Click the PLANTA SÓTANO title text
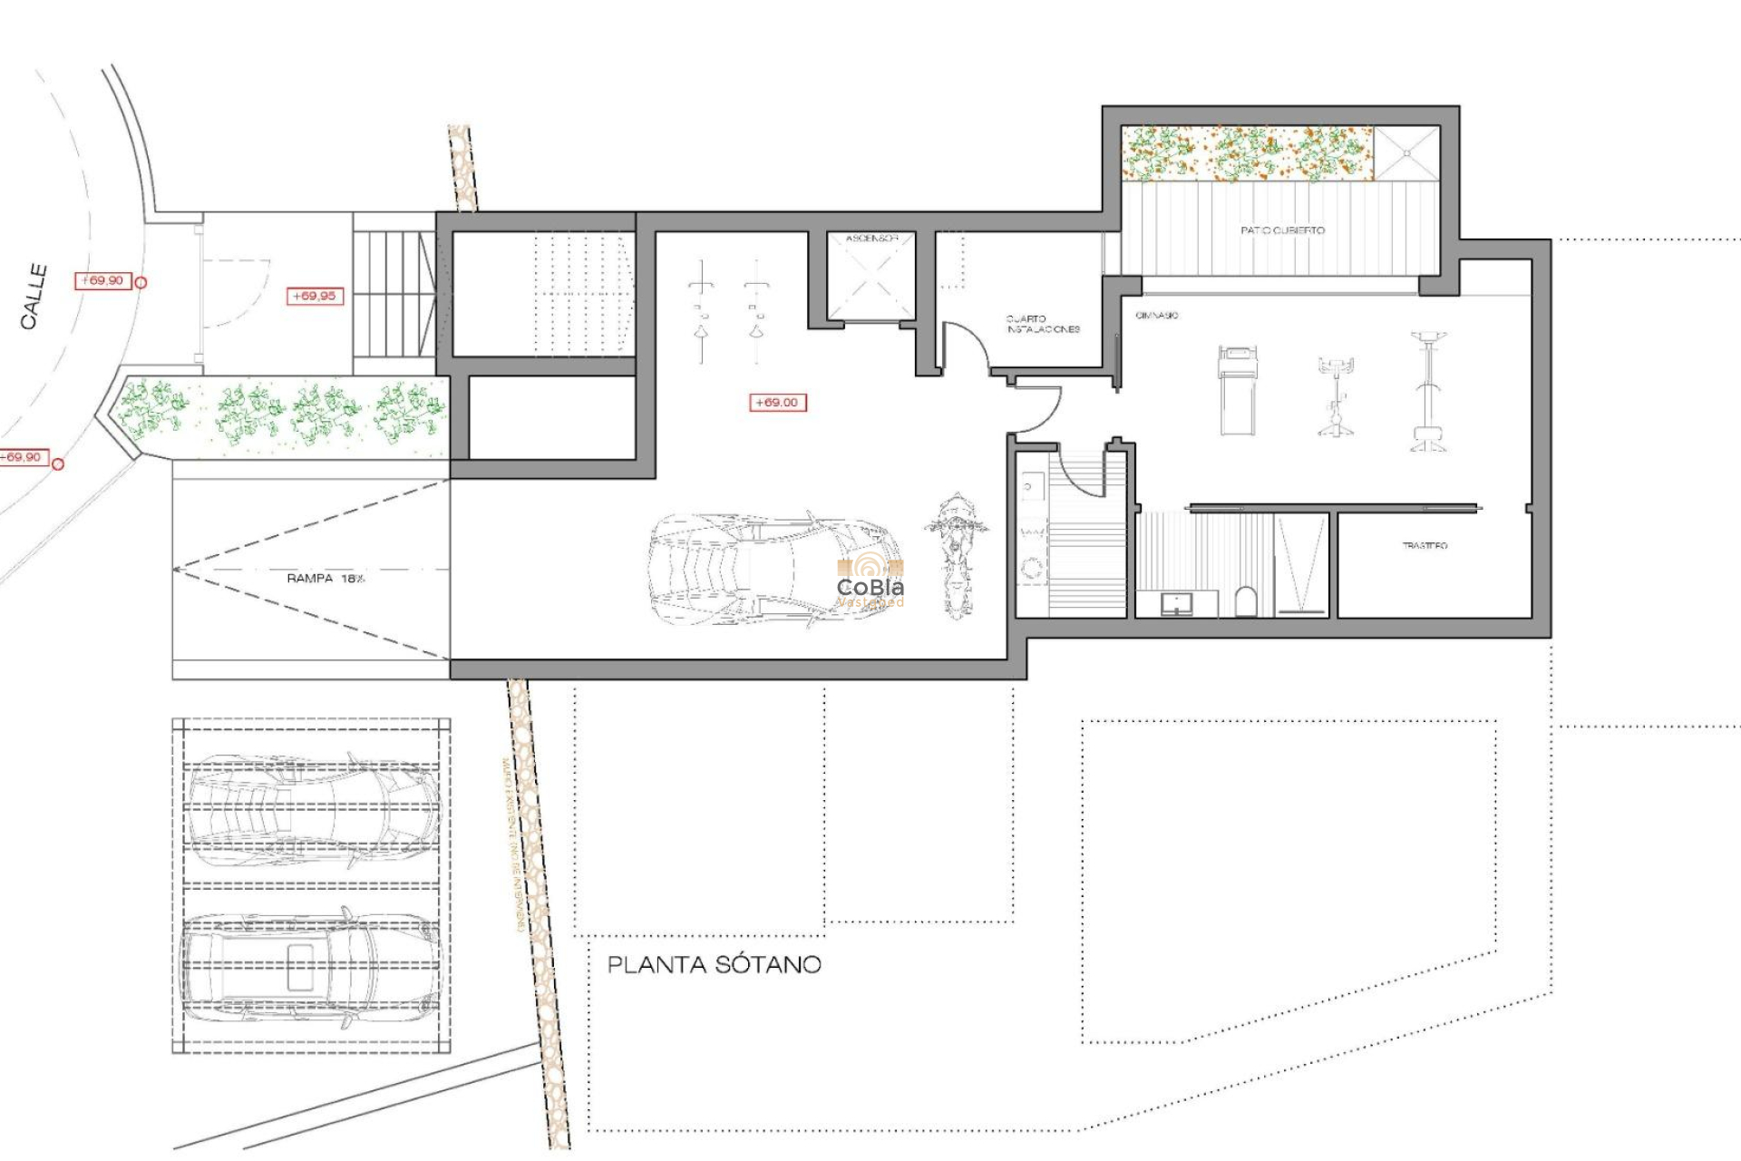click(714, 964)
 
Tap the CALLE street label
click(34, 297)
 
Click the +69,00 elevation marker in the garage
click(777, 402)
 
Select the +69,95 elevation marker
click(315, 296)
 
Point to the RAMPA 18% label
click(326, 578)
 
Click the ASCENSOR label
click(871, 239)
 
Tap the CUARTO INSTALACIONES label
click(1042, 324)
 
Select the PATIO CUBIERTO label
click(1282, 230)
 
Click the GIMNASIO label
click(1156, 315)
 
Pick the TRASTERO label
click(1425, 545)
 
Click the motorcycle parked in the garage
click(955, 554)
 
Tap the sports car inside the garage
click(775, 569)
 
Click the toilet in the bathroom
click(1246, 601)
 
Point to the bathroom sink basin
click(1176, 602)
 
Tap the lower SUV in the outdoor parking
click(311, 970)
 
